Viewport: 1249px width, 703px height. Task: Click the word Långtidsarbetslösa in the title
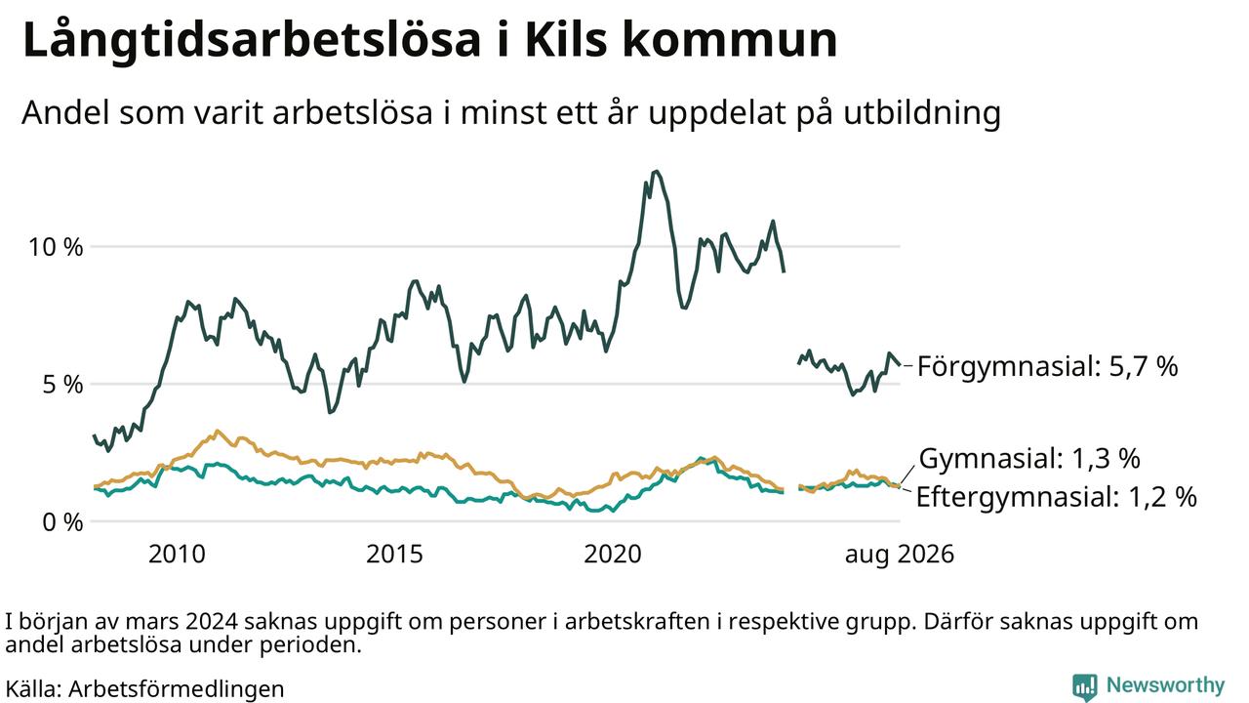pyautogui.click(x=252, y=41)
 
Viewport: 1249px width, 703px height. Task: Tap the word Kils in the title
pyautogui.click(x=565, y=39)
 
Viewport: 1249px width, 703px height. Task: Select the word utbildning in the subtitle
pyautogui.click(x=922, y=113)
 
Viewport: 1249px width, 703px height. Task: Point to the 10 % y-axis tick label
pyautogui.click(x=56, y=247)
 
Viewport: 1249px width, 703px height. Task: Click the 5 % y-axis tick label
pyautogui.click(x=62, y=385)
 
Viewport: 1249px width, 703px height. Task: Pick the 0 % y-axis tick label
pyautogui.click(x=62, y=522)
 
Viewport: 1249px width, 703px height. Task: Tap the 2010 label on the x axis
pyautogui.click(x=177, y=554)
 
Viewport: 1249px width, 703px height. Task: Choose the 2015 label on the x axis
pyautogui.click(x=394, y=554)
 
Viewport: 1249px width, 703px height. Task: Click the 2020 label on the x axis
pyautogui.click(x=612, y=554)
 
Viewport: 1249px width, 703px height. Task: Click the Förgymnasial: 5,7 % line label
pyautogui.click(x=1048, y=366)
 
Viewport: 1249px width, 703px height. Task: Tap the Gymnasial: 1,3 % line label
pyautogui.click(x=1029, y=458)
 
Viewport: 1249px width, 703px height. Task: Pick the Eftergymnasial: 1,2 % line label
pyautogui.click(x=1057, y=497)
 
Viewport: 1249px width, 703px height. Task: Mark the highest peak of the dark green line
pyautogui.click(x=657, y=171)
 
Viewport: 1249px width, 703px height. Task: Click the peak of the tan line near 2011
pyautogui.click(x=217, y=431)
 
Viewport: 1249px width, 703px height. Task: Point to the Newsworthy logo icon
pyautogui.click(x=1084, y=686)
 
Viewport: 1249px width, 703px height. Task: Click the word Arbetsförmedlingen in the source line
pyautogui.click(x=177, y=689)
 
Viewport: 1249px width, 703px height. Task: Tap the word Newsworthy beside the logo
pyautogui.click(x=1165, y=684)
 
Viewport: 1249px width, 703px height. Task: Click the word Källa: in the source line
pyautogui.click(x=33, y=688)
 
